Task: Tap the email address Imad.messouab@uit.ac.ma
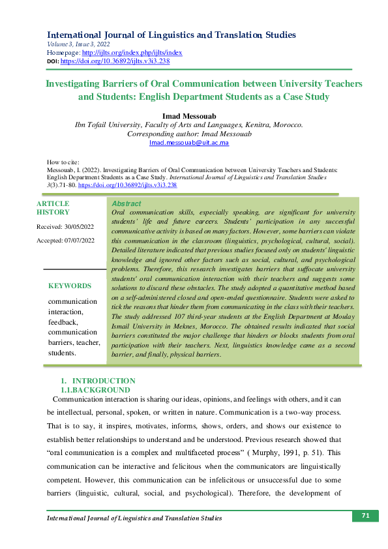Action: tap(189, 142)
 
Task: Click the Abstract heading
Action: tap(127, 204)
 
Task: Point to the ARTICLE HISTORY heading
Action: tap(53, 208)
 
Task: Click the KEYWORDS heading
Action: tap(70, 286)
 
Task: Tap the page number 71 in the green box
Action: tap(366, 516)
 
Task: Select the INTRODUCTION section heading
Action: tap(104, 381)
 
